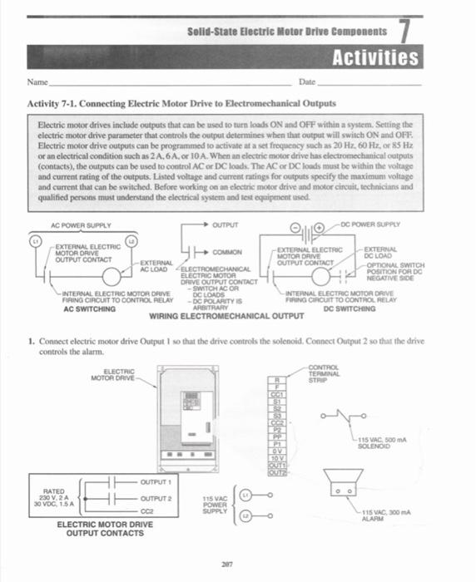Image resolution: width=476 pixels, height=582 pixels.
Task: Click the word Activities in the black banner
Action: tap(375, 57)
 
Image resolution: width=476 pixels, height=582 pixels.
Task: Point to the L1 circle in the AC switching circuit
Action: tap(35, 240)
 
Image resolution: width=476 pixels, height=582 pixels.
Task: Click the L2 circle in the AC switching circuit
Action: tap(131, 240)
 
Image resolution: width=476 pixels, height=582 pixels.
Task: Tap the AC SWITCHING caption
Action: tap(89, 308)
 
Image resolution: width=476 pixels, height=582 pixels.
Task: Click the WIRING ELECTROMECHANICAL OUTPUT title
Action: tap(226, 317)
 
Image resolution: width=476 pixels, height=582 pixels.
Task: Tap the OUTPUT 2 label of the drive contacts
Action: tap(156, 498)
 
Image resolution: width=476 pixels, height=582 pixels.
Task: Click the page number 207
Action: tap(226, 562)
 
